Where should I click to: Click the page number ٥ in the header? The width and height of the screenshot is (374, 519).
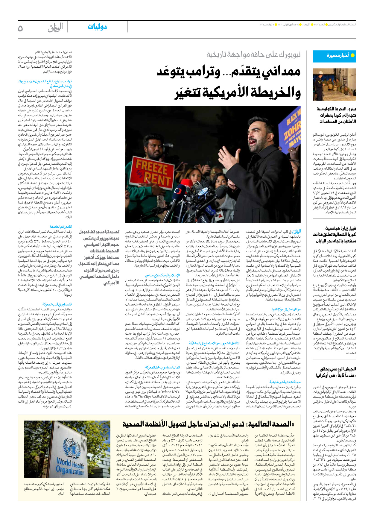(x=20, y=28)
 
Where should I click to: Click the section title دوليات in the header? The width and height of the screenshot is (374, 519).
(x=97, y=27)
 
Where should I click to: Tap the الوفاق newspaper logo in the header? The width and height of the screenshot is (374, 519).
(x=55, y=28)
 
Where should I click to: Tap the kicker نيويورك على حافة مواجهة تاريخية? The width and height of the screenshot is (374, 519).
(x=253, y=55)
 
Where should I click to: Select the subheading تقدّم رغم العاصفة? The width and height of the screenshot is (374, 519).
(x=60, y=227)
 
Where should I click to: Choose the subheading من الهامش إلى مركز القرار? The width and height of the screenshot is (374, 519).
(x=285, y=309)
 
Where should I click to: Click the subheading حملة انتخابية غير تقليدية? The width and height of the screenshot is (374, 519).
(x=285, y=382)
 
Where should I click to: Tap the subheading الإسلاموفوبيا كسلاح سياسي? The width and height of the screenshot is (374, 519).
(x=162, y=275)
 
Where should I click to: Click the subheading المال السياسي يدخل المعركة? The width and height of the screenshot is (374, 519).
(x=162, y=367)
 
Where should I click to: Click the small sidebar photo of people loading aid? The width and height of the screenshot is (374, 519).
(x=334, y=84)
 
